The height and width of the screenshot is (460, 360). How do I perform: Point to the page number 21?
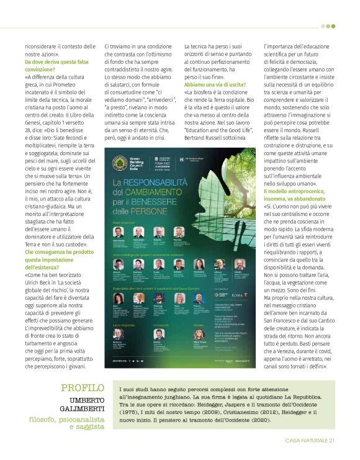point(332,441)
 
